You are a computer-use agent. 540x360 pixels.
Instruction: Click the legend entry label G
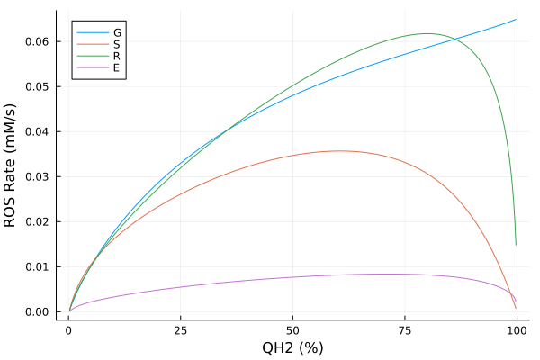pos(117,32)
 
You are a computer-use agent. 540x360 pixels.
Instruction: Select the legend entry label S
pos(117,44)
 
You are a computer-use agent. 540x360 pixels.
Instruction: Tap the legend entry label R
pos(117,56)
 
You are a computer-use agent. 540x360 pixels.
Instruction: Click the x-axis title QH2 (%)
pos(292,347)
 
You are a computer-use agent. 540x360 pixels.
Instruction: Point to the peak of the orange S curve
pos(339,151)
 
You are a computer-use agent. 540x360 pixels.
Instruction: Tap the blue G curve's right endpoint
pos(517,19)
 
